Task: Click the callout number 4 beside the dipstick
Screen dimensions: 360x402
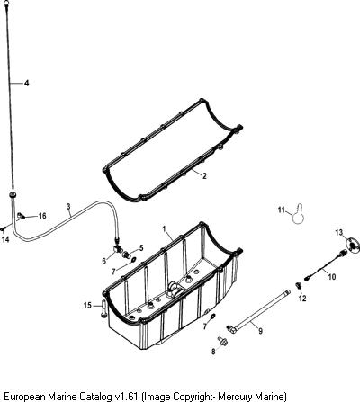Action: (27, 83)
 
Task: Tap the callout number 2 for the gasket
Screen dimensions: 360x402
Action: (204, 176)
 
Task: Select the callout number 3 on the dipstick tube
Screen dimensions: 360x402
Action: (68, 207)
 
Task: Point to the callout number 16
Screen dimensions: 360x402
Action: (42, 216)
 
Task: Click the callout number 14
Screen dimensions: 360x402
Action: (5, 239)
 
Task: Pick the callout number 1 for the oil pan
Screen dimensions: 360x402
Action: (165, 229)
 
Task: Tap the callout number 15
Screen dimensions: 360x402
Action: (87, 306)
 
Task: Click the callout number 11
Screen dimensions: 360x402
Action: (281, 210)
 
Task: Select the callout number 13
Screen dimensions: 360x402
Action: (338, 232)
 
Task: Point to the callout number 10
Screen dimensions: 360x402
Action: (332, 277)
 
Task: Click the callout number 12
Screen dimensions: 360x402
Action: (302, 299)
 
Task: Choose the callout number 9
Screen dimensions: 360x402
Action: (260, 331)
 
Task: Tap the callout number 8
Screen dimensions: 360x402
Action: (213, 352)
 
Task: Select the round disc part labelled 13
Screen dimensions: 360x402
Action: (351, 246)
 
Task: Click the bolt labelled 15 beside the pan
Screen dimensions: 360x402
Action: (103, 308)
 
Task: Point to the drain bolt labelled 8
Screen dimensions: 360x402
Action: (222, 341)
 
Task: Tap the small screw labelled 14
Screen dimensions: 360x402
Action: (3, 228)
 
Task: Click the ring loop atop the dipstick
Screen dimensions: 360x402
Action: (8, 4)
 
